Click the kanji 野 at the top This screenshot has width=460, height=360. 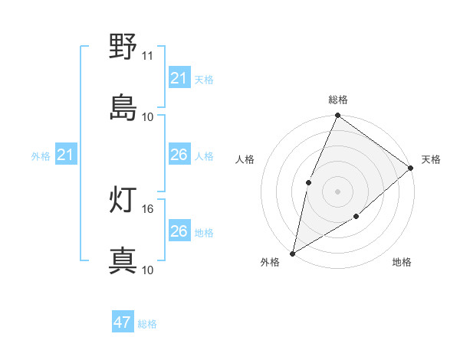[x=123, y=47]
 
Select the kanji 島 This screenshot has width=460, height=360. [x=123, y=107]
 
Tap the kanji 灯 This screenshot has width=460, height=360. [x=123, y=201]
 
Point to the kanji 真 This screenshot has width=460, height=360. [x=123, y=260]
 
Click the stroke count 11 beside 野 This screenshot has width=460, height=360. [x=148, y=57]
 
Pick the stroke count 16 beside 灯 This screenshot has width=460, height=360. [x=148, y=208]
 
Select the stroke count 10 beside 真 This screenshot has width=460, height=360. [x=148, y=270]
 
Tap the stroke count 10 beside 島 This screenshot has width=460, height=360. [x=148, y=116]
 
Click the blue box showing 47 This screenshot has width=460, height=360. [x=123, y=322]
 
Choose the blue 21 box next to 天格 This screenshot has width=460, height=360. [x=179, y=78]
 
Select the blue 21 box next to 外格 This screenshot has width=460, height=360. [x=65, y=155]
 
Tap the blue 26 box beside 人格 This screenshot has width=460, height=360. [x=179, y=155]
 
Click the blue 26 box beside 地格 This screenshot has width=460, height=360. [x=179, y=231]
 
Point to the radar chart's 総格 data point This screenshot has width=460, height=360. [x=337, y=116]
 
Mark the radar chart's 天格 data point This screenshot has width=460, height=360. [x=411, y=168]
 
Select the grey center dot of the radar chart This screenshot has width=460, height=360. [x=337, y=191]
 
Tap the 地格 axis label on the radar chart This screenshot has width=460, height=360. [x=402, y=263]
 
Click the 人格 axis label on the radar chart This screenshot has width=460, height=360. [x=245, y=159]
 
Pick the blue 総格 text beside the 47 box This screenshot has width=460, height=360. [x=147, y=324]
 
